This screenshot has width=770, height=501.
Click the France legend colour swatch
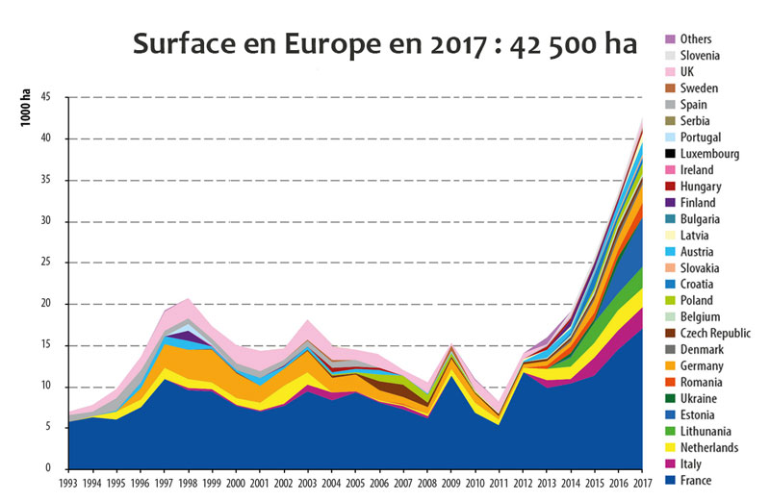(x=669, y=480)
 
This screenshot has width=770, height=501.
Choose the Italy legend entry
(x=690, y=463)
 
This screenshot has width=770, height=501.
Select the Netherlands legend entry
(x=708, y=447)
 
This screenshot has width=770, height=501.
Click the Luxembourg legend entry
(x=709, y=153)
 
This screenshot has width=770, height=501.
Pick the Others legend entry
(x=695, y=38)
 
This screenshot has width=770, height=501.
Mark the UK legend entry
(x=687, y=71)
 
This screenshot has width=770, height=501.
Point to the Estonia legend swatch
(x=669, y=414)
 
